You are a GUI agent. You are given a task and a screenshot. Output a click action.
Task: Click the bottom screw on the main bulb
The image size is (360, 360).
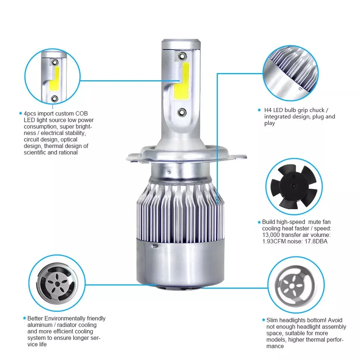coord(183,112)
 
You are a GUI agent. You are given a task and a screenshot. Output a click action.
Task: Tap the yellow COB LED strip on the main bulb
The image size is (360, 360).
coord(181,83)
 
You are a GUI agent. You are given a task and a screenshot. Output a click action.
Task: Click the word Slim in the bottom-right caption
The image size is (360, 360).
coord(272,320)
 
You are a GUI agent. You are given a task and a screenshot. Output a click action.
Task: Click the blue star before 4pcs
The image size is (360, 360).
coord(20,113)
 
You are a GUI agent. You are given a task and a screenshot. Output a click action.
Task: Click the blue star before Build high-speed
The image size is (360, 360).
coord(259,222)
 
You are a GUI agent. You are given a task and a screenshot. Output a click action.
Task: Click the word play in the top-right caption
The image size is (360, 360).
coord(270,123)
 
